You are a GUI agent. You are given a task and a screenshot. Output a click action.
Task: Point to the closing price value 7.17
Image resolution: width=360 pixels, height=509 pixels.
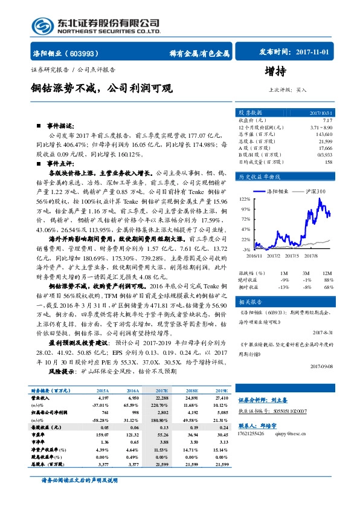click(327, 121)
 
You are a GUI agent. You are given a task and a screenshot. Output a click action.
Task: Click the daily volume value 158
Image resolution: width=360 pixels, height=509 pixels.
click(328, 162)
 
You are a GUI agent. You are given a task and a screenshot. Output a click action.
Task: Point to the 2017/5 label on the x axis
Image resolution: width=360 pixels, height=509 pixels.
click(292, 256)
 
